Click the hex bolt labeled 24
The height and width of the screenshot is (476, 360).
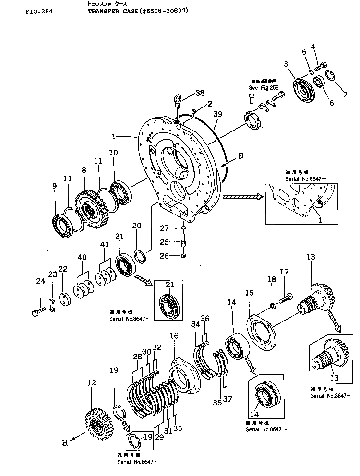(36, 313)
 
